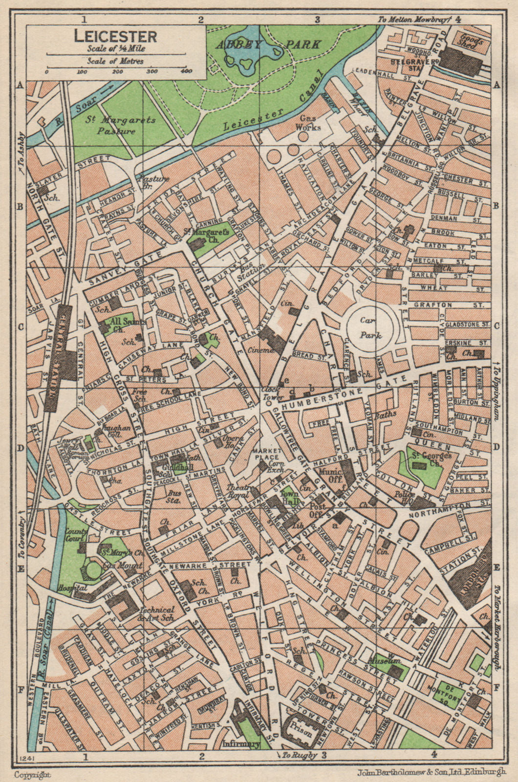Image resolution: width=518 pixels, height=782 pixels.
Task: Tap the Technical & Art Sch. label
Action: tap(156, 613)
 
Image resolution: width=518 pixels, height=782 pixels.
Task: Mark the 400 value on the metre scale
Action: tap(186, 72)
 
